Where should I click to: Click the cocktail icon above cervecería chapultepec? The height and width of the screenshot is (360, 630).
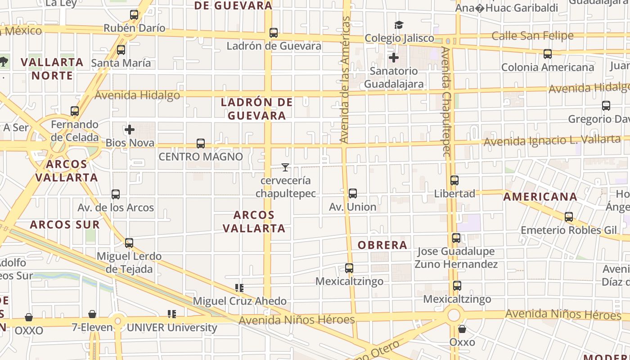285,167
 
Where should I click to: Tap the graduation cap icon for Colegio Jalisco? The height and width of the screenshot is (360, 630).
399,25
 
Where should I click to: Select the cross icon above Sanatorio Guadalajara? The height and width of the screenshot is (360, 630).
394,58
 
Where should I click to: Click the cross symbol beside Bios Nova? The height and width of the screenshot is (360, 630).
130,130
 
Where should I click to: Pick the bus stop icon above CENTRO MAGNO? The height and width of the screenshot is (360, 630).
201,144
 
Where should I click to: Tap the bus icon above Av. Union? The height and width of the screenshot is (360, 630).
353,193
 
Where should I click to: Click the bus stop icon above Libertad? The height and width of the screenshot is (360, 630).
454,180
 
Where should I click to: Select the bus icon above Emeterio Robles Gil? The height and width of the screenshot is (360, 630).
569,217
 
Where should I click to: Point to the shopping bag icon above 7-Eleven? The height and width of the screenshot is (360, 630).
92,314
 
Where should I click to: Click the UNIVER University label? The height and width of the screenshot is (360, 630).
172,328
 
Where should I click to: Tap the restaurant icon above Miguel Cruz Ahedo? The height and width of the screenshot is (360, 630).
239,288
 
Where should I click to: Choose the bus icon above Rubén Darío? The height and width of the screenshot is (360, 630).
134,15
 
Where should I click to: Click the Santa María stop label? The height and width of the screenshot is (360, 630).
121,63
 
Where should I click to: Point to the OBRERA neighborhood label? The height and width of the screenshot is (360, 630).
382,245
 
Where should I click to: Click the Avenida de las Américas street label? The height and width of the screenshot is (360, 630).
345,80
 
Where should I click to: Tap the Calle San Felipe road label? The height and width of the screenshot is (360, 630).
532,36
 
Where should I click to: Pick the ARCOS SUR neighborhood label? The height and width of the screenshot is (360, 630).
65,225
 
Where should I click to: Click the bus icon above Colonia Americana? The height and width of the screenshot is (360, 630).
548,54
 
